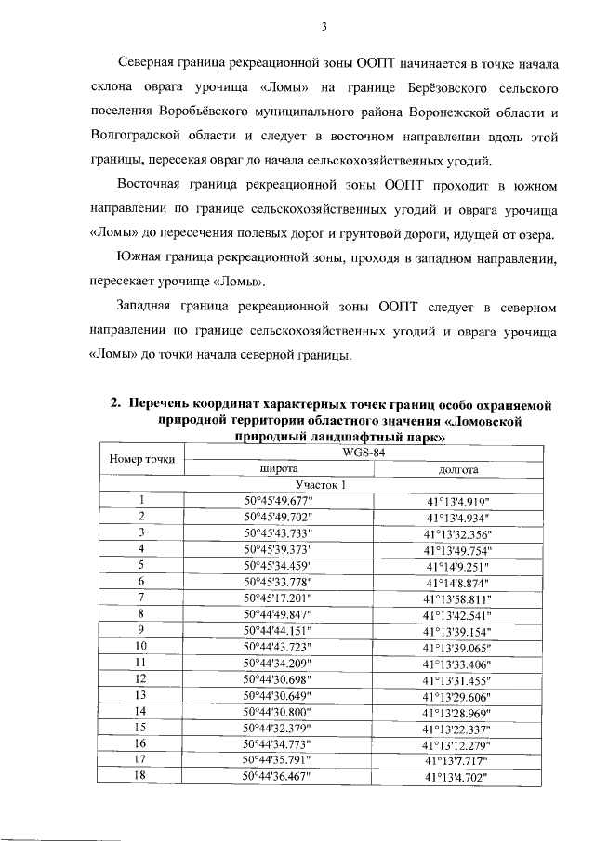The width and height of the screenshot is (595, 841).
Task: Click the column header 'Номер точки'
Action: tap(141, 461)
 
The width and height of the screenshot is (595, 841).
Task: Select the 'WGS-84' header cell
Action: tap(364, 453)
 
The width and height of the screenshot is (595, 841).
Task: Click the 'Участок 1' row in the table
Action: tap(321, 485)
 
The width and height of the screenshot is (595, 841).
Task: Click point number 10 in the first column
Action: tap(141, 646)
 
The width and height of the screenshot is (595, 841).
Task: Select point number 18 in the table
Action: tap(141, 775)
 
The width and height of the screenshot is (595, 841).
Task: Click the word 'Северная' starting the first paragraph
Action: tap(147, 64)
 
